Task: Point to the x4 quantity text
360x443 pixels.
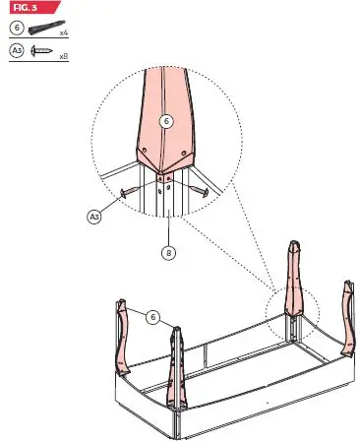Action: point(63,34)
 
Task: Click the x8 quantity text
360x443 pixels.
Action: point(63,57)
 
